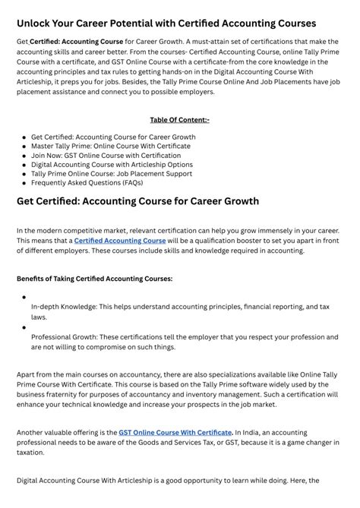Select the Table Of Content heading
tap(179, 119)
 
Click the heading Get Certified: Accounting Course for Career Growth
tap(137, 201)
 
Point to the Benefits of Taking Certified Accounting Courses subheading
tap(94, 279)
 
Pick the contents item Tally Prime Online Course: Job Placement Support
tap(111, 174)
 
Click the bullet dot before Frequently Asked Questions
tap(24, 184)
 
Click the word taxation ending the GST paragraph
tap(32, 452)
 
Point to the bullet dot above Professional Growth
tap(24, 327)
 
